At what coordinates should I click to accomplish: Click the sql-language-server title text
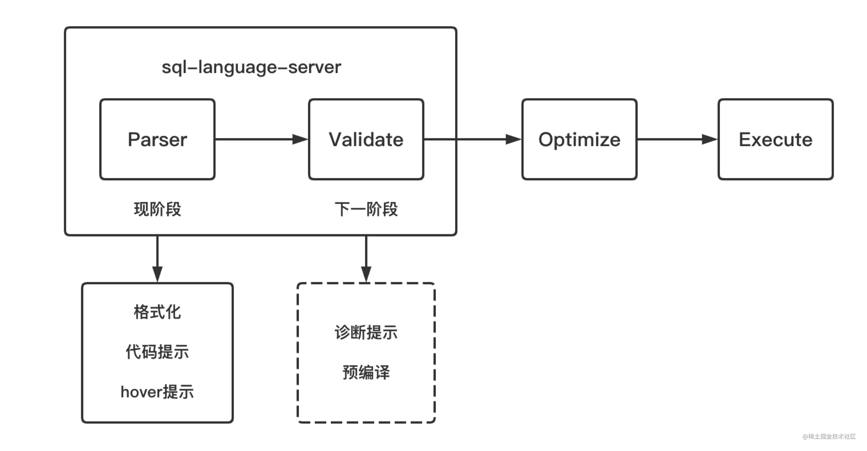tap(251, 67)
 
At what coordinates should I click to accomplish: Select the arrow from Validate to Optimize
tap(471, 139)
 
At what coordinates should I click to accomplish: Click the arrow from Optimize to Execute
tap(676, 139)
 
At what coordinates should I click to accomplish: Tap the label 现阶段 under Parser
tap(157, 209)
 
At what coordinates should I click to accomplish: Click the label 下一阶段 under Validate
tap(366, 209)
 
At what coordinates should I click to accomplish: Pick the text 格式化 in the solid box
tap(157, 312)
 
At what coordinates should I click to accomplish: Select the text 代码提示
tap(157, 352)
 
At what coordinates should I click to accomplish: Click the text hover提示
tap(157, 392)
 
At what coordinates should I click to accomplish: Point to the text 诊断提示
tap(366, 332)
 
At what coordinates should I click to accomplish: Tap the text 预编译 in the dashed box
tap(366, 373)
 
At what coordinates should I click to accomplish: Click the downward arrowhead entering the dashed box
tap(366, 274)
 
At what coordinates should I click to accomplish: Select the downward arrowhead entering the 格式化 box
tap(157, 274)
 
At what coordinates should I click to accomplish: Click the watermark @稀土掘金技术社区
tap(829, 436)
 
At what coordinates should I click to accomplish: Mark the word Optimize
tap(579, 139)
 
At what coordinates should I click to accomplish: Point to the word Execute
tap(775, 139)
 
